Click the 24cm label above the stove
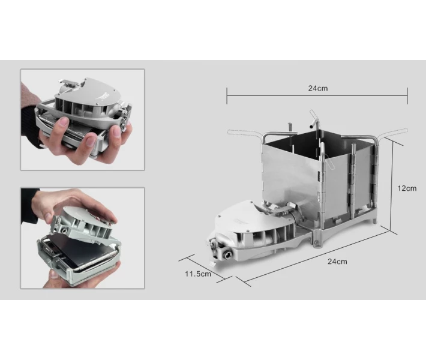[317, 88]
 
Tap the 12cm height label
[407, 188]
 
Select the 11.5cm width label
[198, 274]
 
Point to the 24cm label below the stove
[337, 262]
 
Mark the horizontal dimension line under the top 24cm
[317, 95]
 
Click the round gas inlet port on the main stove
[227, 254]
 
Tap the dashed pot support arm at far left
[245, 133]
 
